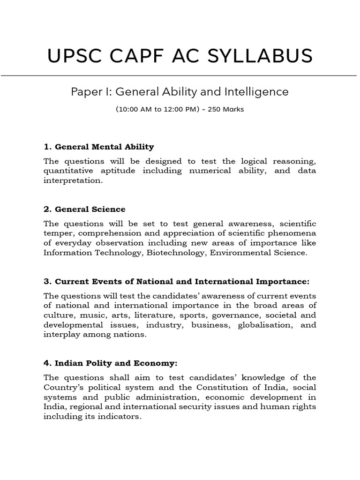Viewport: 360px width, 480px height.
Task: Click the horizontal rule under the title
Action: click(x=180, y=75)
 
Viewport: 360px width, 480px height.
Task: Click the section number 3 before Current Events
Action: click(x=46, y=281)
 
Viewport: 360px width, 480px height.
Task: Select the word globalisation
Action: click(x=263, y=325)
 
